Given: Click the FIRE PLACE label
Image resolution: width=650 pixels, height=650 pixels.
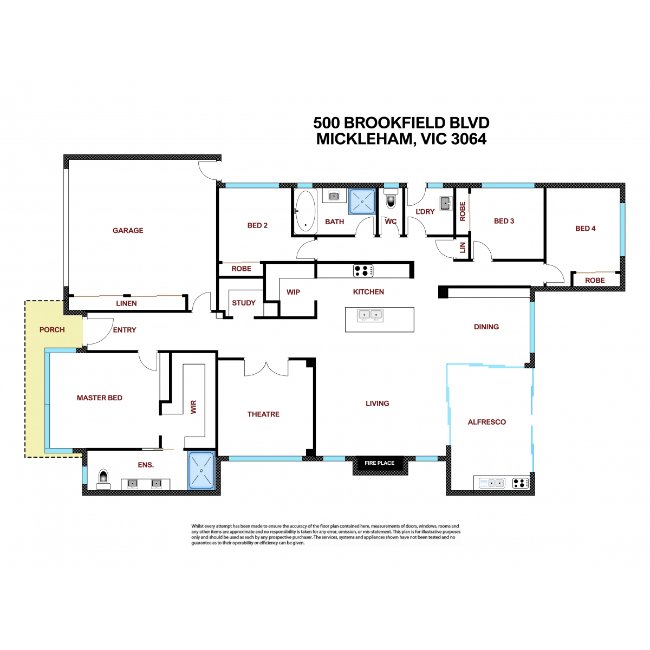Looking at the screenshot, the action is coord(379,463).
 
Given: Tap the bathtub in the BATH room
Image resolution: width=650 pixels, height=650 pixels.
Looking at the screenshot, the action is coord(305,211).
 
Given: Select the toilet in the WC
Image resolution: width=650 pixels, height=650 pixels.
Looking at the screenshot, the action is coord(391,198).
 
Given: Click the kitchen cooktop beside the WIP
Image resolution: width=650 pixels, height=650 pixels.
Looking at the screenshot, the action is coord(363,270).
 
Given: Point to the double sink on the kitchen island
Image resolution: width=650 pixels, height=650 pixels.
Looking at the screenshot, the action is coord(370,315).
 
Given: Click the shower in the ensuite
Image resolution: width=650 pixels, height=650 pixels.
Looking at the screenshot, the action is coord(201,470).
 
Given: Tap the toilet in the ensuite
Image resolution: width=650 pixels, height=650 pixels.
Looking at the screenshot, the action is coord(103,479).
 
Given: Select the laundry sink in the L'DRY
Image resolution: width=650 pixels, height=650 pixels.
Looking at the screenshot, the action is coord(446,204).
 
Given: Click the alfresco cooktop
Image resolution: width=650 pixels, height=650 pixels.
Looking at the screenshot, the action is coord(521,483).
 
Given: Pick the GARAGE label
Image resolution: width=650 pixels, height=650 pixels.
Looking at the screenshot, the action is coord(128,230).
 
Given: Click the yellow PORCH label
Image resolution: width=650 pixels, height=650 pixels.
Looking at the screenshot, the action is coord(52,329).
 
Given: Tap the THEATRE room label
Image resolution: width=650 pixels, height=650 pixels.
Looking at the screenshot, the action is coord(263,414).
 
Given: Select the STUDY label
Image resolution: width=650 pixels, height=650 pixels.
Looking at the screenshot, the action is coord(244,303).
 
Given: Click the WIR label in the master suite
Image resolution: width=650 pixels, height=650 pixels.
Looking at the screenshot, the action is coord(193,407).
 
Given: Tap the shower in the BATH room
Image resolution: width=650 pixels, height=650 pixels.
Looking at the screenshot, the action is coord(362,201).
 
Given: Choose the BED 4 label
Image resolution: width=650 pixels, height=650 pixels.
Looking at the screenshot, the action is coord(585,229).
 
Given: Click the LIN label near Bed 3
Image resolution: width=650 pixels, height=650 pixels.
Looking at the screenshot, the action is coord(463,247).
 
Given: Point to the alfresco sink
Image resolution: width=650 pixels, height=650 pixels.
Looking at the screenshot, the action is coord(492,483).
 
